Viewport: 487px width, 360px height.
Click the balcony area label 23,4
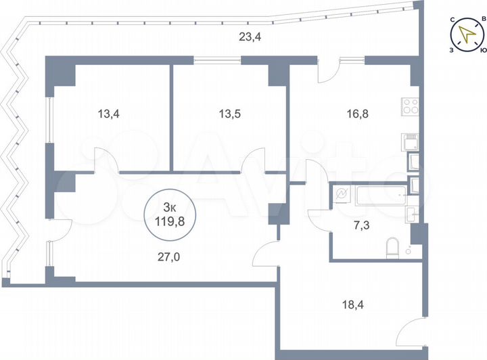[250, 37]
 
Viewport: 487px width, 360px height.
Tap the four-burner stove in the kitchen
[411, 106]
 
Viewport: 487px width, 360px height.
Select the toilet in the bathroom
[392, 247]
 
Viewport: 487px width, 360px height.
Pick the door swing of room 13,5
[254, 161]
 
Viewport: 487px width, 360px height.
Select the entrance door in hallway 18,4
[410, 333]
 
